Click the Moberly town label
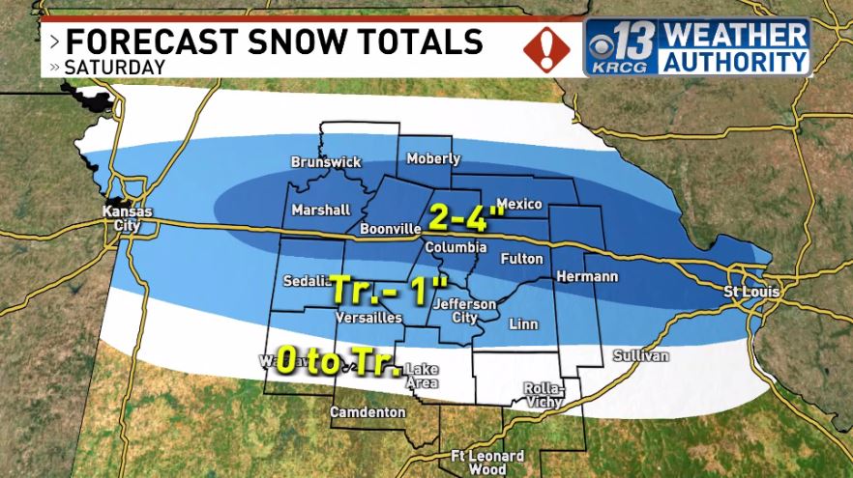[433, 158]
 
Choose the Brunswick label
[326, 162]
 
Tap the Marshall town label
[320, 210]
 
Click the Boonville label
[389, 229]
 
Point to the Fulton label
[521, 259]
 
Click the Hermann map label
[586, 277]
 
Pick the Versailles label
[368, 317]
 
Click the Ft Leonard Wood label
[487, 462]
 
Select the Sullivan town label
[640, 356]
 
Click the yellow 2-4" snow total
[466, 217]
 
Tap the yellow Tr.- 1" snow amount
[390, 287]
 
